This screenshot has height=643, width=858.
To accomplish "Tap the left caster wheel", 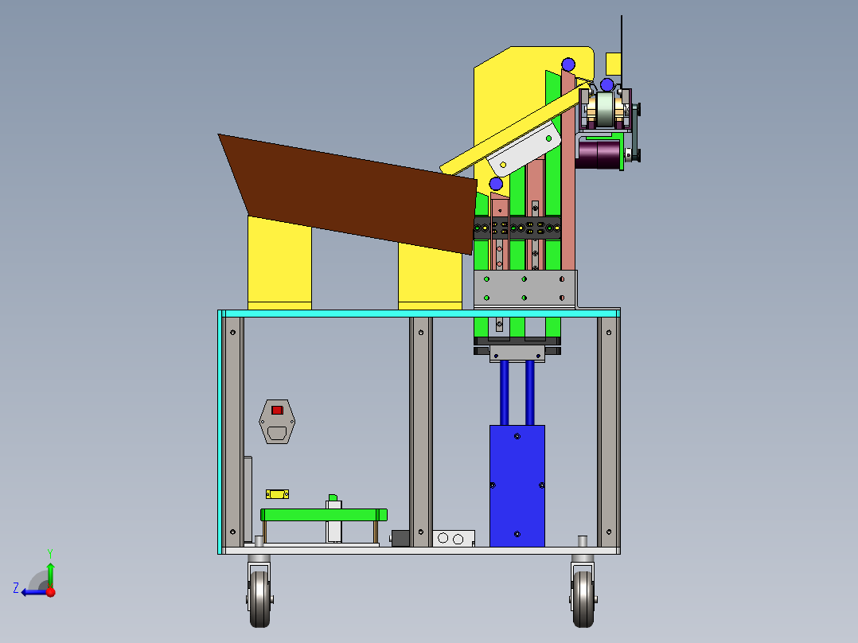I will tap(259, 598).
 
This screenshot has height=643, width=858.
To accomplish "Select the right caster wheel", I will tap(583, 598).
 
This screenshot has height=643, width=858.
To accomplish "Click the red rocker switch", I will tap(277, 410).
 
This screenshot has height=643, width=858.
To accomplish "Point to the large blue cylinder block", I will tap(517, 485).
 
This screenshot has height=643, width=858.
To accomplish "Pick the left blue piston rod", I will tap(504, 393).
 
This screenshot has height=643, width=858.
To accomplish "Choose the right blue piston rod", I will tap(529, 393).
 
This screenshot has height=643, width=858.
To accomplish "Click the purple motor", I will tap(599, 154).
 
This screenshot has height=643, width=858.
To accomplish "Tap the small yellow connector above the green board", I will tap(277, 494).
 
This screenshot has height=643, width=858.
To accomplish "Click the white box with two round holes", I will tap(454, 539).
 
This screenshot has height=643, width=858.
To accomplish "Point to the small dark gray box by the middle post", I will tap(400, 539).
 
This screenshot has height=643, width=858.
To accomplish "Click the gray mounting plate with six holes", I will tap(525, 289).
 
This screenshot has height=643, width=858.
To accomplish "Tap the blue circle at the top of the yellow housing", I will tap(567, 64).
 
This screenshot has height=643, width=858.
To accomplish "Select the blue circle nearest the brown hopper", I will tap(496, 184).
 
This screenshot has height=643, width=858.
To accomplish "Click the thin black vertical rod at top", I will tap(621, 48).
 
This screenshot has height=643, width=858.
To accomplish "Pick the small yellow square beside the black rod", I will tap(613, 62).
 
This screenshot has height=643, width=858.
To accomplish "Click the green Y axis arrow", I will tap(50, 571).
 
